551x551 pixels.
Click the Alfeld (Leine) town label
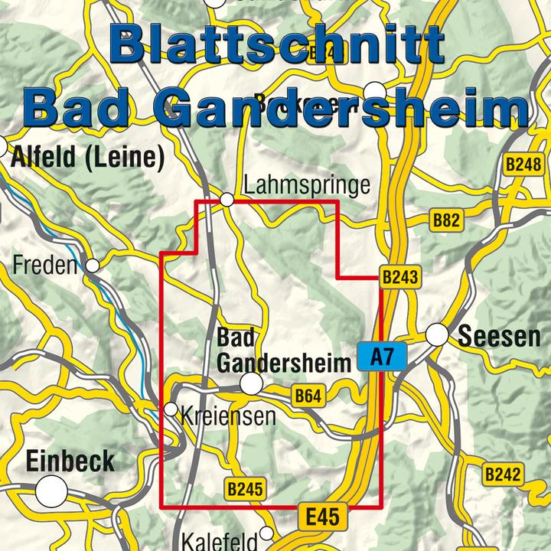click(89, 157)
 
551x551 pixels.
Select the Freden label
click(46, 266)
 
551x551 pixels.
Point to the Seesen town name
click(499, 337)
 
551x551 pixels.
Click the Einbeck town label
click(70, 461)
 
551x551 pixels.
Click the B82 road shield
click(446, 221)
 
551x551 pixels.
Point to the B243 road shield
click(400, 278)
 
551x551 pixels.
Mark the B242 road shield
click(503, 474)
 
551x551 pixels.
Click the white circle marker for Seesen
click(437, 335)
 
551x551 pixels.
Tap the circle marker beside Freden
click(93, 266)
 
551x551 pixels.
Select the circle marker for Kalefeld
click(266, 533)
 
